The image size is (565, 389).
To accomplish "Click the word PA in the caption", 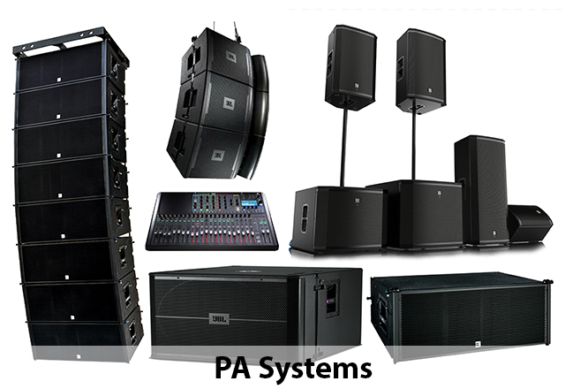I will (x=232, y=366).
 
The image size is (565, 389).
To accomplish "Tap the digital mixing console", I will (x=216, y=221).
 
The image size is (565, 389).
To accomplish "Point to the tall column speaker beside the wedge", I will (x=481, y=190).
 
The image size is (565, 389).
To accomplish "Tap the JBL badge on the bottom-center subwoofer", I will (x=230, y=315).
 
